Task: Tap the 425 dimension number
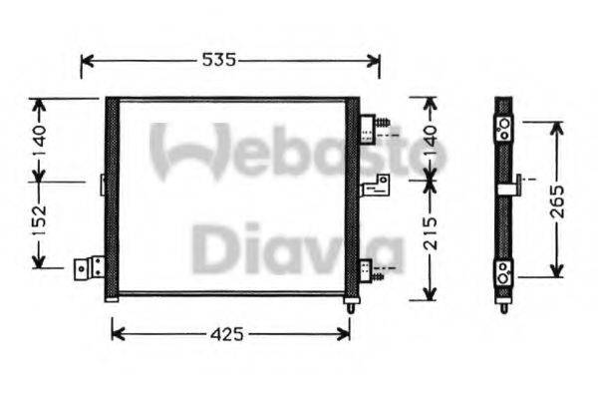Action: (x=228, y=335)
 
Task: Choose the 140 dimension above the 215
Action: (x=430, y=140)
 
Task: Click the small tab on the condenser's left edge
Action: (x=103, y=184)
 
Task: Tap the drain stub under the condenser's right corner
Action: (x=351, y=306)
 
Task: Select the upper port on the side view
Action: (x=503, y=127)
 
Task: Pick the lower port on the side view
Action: (x=503, y=271)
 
